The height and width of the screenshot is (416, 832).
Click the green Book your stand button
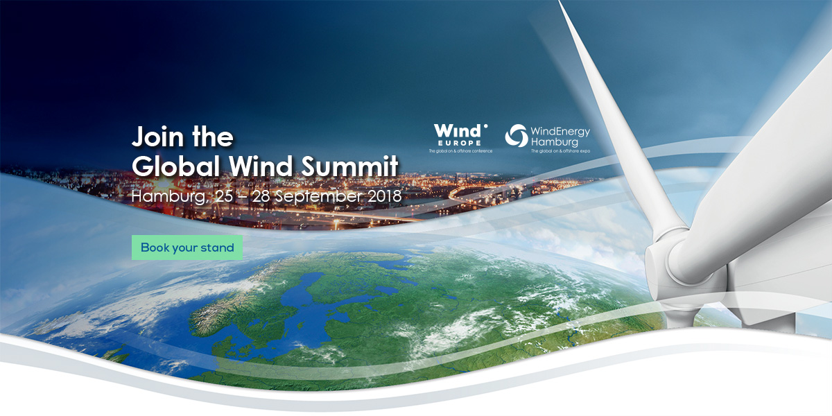pyautogui.click(x=187, y=248)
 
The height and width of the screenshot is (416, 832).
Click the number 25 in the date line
pyautogui.click(x=224, y=196)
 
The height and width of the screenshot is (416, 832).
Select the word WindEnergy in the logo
pyautogui.click(x=560, y=131)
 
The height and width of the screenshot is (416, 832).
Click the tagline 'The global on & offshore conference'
pyautogui.click(x=460, y=151)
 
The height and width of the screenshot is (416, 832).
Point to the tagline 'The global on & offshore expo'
pyautogui.click(x=560, y=151)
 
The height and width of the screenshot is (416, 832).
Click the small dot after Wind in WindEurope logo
pyautogui.click(x=485, y=126)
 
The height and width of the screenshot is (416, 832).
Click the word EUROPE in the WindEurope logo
pyautogui.click(x=460, y=143)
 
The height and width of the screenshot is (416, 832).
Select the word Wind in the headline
pyautogui.click(x=261, y=166)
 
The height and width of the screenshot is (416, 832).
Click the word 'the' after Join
pyautogui.click(x=213, y=137)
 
